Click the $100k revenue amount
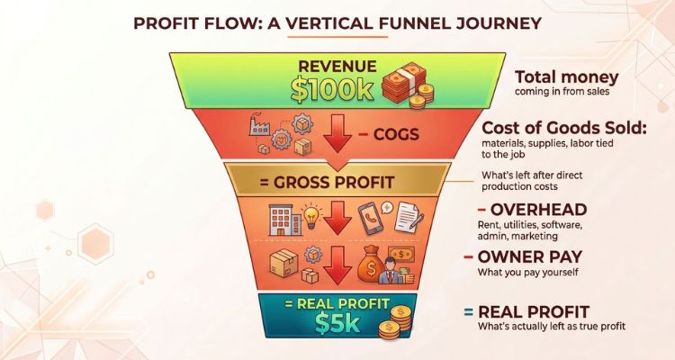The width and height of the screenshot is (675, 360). [332, 90]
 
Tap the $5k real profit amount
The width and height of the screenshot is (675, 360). [337, 323]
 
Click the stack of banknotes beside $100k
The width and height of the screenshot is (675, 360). [403, 84]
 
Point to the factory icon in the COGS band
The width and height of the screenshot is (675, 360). [259, 124]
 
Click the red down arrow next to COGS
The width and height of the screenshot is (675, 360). [337, 133]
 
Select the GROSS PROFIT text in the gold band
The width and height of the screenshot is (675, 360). [328, 182]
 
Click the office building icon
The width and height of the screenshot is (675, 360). [285, 220]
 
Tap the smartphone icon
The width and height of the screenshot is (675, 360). [370, 218]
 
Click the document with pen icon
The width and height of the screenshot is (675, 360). [409, 218]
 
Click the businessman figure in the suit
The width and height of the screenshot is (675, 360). [390, 270]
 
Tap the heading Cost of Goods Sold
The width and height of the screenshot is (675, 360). [564, 128]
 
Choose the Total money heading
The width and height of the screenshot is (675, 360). [566, 77]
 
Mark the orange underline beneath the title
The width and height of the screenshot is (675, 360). [337, 37]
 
